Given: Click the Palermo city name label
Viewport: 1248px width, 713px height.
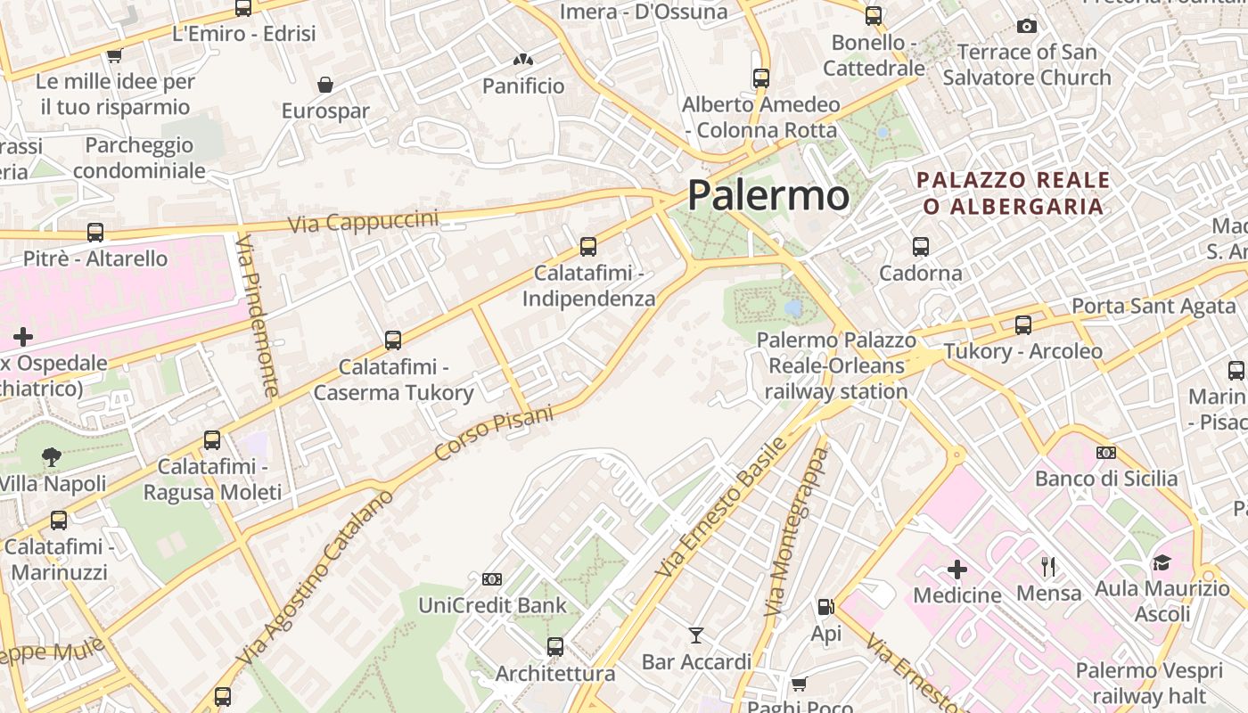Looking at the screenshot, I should coord(768,195).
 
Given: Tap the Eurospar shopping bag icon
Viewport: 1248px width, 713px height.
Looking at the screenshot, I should coord(325,85).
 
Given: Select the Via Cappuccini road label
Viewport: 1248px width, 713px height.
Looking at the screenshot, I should coord(364,221).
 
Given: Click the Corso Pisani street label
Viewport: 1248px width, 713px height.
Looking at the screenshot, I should coord(493,433).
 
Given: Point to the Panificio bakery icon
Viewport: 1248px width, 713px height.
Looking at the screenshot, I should coord(523,61).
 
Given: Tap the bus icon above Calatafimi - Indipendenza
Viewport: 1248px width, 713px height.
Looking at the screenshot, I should coord(588,247).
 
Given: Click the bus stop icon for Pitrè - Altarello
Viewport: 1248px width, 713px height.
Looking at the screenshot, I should coord(95,233).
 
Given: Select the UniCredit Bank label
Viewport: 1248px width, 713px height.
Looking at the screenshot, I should coord(492,606).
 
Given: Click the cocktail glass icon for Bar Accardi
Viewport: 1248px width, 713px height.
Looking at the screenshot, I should coord(696,635).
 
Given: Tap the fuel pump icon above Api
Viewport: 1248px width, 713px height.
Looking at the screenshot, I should coord(825,607).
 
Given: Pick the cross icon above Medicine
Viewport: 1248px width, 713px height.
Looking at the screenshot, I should coord(957,569).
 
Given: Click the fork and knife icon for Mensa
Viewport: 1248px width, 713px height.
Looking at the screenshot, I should coord(1048,566).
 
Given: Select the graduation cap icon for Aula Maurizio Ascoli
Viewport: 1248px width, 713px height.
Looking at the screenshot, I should coord(1161,562).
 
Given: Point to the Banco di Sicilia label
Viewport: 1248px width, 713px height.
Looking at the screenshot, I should coord(1106,479).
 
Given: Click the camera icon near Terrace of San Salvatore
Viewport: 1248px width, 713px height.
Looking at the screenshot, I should coord(1027,26).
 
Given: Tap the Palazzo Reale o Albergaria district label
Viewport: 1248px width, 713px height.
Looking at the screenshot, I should coord(1014,193).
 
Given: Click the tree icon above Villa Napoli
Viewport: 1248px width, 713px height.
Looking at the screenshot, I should coord(52,457).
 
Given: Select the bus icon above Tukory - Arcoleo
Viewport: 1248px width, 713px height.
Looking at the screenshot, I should coord(1023,325).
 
